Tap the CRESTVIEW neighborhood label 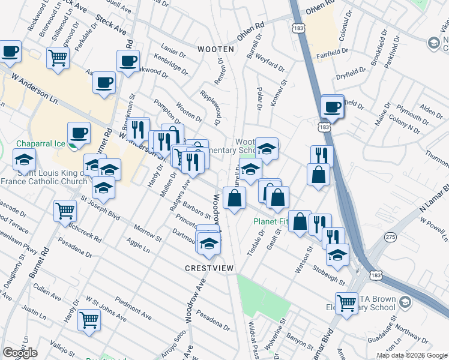209,268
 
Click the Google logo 20,353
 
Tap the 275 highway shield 391,238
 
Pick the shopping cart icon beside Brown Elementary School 346,302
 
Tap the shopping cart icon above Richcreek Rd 65,211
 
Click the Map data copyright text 412,355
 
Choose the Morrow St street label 148,234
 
